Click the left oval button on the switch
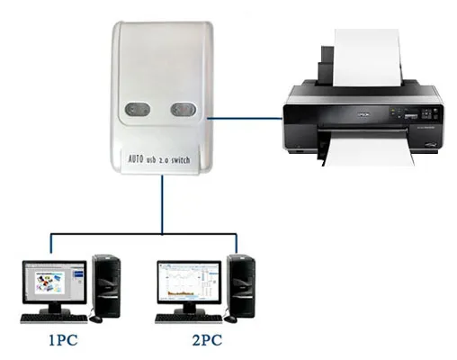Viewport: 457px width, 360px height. coord(138,110)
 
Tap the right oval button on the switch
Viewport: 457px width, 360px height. coord(184,109)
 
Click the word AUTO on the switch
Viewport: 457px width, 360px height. coord(136,158)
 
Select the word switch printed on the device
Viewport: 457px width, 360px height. coord(181,159)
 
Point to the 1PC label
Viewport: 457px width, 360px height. coord(63,340)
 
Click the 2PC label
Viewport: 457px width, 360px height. coord(207,340)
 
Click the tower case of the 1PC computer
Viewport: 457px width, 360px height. coord(106,286)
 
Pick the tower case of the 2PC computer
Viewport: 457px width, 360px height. coord(241,286)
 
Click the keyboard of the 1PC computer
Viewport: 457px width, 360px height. coord(54,319)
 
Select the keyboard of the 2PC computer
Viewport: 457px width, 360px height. coord(189,319)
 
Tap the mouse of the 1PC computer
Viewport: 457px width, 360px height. coord(95,319)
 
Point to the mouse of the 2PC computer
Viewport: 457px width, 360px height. coord(230,319)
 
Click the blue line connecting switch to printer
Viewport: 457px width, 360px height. coord(245,119)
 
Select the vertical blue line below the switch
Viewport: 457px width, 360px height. coord(162,204)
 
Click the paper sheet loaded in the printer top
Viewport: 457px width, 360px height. coord(368,57)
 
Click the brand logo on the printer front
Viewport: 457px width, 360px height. coord(362,114)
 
